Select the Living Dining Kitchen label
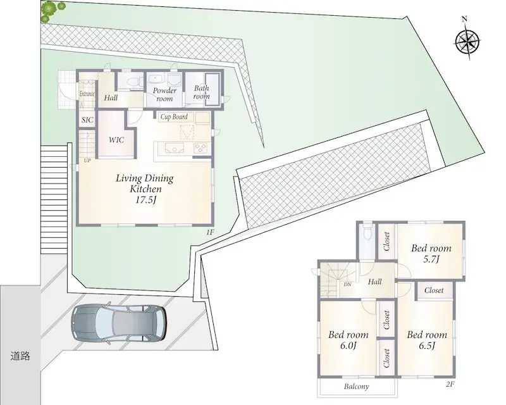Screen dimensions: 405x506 144,189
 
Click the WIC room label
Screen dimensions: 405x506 116,140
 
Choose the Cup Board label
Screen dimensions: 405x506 173,117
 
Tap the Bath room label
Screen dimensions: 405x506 201,92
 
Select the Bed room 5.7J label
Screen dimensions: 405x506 434,254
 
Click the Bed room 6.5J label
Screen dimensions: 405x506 427,340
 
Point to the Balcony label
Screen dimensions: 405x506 357,387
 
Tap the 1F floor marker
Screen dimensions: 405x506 209,232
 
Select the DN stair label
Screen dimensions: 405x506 347,285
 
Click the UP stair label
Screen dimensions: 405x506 87,160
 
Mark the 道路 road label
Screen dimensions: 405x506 20,356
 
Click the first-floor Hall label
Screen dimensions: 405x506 111,97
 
